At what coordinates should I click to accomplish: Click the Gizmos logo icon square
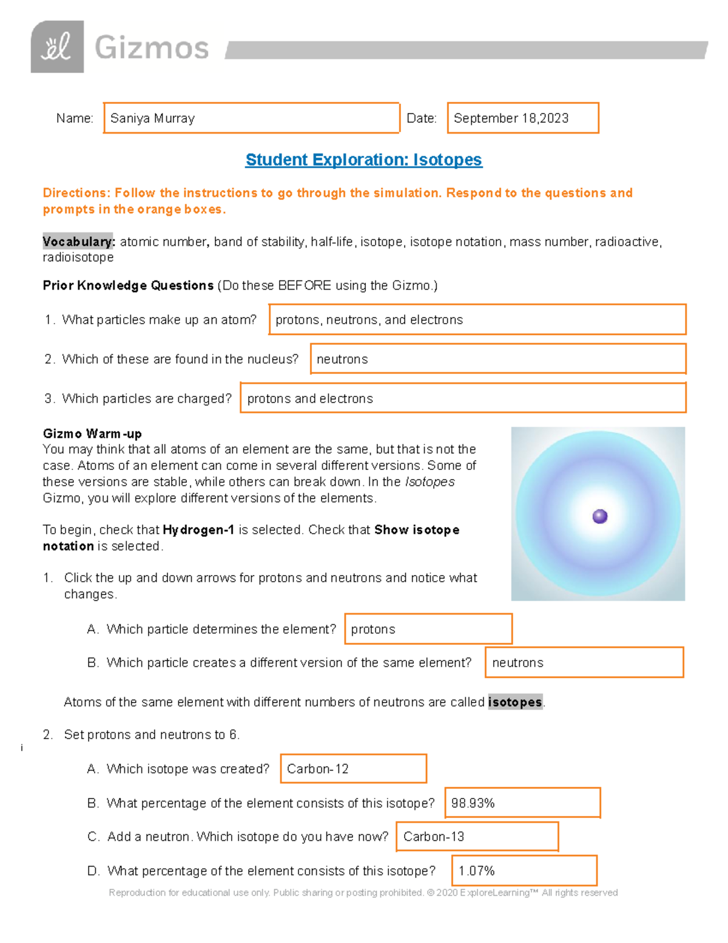[x=57, y=47]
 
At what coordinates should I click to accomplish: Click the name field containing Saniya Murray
[x=251, y=118]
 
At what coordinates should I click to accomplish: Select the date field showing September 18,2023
[x=522, y=118]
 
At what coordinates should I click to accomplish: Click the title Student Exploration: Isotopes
[x=363, y=160]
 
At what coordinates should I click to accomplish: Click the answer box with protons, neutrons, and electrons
[x=477, y=319]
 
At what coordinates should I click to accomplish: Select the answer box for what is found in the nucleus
[x=497, y=359]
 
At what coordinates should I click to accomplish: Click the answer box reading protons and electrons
[x=463, y=398]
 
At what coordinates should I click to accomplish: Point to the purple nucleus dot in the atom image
[x=599, y=516]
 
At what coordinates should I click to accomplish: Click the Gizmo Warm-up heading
[x=92, y=434]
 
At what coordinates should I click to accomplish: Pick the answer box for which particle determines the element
[x=428, y=629]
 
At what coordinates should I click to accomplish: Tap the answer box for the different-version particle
[x=584, y=662]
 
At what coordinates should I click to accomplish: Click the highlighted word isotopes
[x=514, y=702]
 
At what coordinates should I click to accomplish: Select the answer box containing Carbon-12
[x=353, y=769]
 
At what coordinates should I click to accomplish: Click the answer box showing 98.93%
[x=522, y=803]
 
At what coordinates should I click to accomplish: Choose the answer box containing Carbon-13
[x=477, y=837]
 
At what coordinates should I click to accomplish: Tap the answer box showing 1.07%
[x=524, y=871]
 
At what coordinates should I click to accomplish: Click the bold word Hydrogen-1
[x=198, y=529]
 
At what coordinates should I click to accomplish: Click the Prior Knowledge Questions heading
[x=128, y=285]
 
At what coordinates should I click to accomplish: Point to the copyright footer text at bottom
[x=363, y=893]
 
